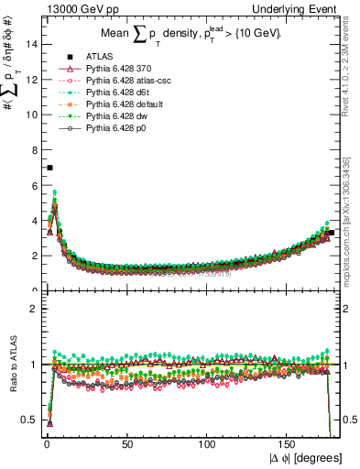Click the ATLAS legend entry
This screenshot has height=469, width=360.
click(98, 57)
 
